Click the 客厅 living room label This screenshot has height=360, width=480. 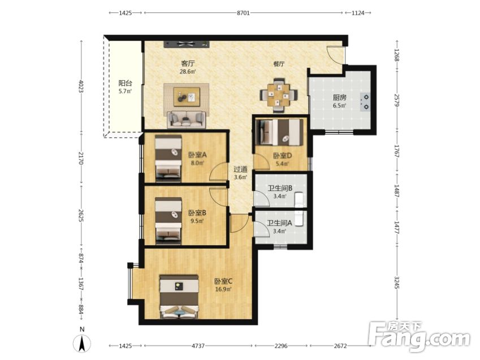point(188,63)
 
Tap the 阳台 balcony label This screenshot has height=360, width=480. point(125,83)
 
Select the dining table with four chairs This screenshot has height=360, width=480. point(279,95)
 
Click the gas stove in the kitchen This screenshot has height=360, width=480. point(365,102)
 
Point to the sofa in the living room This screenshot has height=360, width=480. point(187,119)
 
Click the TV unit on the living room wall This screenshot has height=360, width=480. point(187,44)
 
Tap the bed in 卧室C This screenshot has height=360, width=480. point(179,297)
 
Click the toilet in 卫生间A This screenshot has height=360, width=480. point(299,218)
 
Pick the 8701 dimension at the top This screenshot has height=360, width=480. point(243,13)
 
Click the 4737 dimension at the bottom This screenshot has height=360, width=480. point(198,346)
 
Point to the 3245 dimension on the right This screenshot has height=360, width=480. point(397,283)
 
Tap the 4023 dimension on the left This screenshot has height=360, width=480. point(81,86)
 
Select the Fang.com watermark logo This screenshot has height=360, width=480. point(419,336)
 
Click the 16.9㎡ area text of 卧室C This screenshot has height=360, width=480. point(223,289)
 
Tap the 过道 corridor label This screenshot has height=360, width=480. point(240,169)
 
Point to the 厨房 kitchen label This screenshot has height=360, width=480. point(339,98)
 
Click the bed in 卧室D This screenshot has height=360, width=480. point(279,132)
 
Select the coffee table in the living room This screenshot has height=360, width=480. point(187,97)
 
